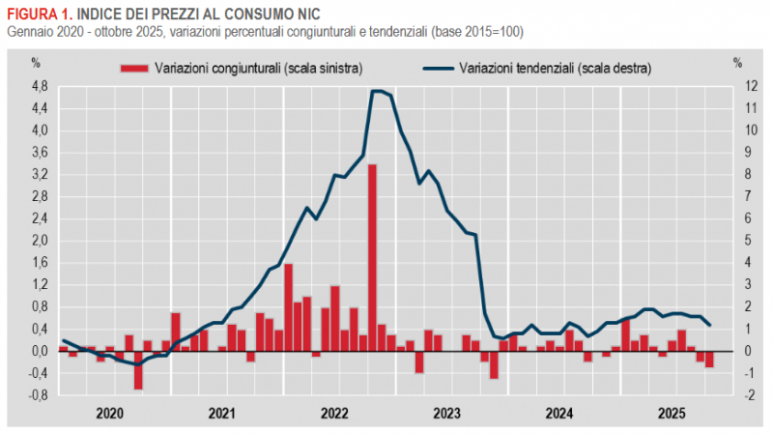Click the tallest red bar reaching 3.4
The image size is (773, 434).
(372, 257)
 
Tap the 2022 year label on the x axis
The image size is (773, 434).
(334, 414)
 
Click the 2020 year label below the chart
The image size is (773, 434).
(108, 414)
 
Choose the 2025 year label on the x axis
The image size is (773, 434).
(672, 414)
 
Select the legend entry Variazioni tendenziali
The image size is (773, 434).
(555, 68)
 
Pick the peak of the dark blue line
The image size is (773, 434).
(378, 91)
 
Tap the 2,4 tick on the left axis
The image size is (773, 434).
(39, 218)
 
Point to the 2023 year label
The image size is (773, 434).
(446, 414)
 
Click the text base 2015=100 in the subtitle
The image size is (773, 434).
(479, 32)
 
